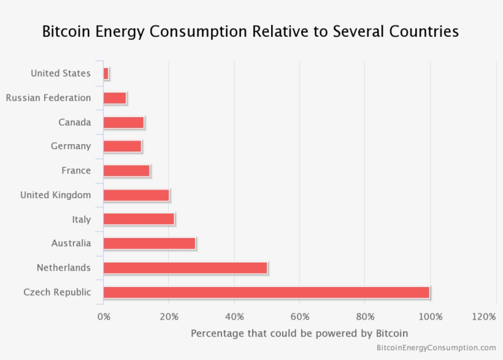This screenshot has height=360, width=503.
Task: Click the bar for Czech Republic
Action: point(266,293)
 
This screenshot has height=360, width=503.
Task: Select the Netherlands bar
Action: point(185,268)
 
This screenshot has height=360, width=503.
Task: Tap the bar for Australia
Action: point(149,243)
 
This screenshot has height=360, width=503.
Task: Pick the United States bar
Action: point(106,74)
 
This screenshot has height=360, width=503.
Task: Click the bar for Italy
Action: point(139,219)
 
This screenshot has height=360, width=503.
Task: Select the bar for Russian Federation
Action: point(115,98)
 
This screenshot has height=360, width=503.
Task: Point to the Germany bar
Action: point(122,146)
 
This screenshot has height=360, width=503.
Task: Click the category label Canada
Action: point(74,122)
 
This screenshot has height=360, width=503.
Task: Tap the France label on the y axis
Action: point(76,170)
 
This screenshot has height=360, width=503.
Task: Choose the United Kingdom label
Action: point(55,195)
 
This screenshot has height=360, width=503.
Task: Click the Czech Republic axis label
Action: point(57,292)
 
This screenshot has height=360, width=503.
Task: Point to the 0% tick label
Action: point(104,316)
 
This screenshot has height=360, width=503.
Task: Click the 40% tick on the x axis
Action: point(234,316)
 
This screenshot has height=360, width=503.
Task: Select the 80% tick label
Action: point(365,316)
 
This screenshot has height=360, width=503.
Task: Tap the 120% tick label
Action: point(484,316)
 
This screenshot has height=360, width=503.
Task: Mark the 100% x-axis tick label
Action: point(430,316)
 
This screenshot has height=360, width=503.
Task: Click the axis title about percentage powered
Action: point(299,333)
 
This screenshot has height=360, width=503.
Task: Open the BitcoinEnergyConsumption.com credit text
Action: point(436,348)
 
